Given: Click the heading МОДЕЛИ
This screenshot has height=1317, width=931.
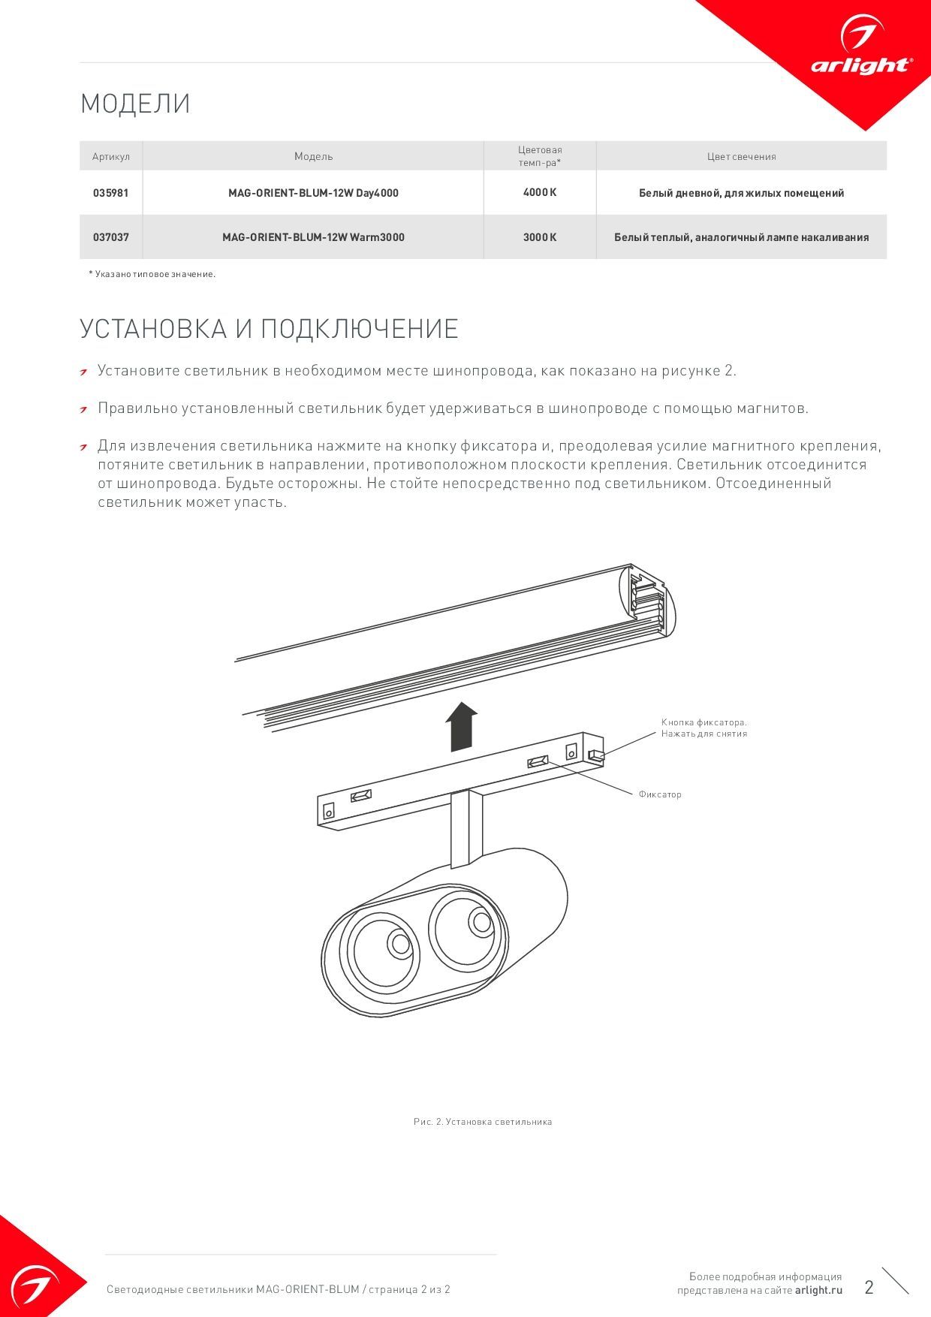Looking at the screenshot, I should (x=135, y=104).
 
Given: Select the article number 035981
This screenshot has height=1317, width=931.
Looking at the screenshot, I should (x=111, y=193).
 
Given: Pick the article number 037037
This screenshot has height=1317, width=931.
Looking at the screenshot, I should (x=111, y=237).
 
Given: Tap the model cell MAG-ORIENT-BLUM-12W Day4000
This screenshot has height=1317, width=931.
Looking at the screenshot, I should (x=313, y=193).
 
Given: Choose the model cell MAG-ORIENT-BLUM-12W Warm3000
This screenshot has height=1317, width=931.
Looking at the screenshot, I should (x=313, y=237).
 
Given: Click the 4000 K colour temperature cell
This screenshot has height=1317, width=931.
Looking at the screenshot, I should (x=540, y=193).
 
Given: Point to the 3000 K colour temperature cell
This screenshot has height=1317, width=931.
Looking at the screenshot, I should (x=540, y=237).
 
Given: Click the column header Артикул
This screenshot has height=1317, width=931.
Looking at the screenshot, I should (x=111, y=157).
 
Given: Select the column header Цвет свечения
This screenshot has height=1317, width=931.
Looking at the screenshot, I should (x=741, y=157).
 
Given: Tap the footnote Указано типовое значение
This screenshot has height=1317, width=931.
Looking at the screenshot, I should (x=152, y=274).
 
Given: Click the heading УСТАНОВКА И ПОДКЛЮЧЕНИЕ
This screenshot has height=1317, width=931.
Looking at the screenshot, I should (x=269, y=329).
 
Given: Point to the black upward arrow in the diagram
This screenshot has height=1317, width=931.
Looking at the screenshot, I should (x=461, y=727).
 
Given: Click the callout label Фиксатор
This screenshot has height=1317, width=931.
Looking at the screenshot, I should (x=660, y=794).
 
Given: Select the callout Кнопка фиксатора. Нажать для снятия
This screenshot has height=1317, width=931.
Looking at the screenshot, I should (x=704, y=728).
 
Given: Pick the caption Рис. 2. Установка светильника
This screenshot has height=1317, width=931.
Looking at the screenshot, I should (x=483, y=1122).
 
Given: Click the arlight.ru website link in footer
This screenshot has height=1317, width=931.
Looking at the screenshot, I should (x=818, y=1290).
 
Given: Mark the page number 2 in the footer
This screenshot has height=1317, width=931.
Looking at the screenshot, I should (x=869, y=1287).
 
